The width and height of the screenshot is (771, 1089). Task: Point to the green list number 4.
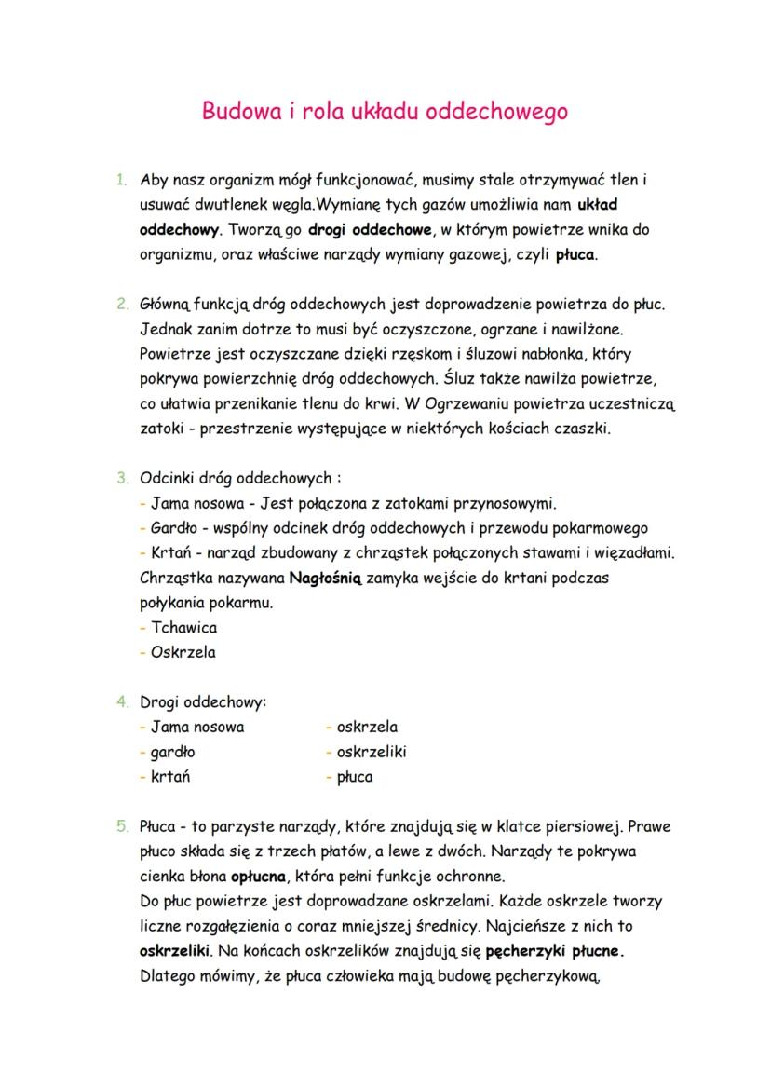[x=121, y=701]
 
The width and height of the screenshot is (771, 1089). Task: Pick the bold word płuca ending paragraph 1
[x=576, y=253]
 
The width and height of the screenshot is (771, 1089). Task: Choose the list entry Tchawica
[x=183, y=627]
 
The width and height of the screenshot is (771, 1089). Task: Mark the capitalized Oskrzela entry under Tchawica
[x=183, y=652]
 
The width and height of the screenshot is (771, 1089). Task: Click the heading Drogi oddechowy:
[x=203, y=701]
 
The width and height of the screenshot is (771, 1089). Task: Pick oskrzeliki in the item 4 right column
[x=371, y=752]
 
